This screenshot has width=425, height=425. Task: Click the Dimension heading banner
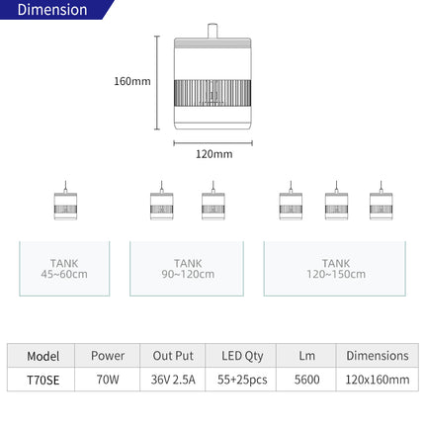52,11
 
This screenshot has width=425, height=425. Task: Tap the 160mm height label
131,81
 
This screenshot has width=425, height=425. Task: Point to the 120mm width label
212,153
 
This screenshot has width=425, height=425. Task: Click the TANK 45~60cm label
64,268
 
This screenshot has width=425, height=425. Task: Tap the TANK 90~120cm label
187,268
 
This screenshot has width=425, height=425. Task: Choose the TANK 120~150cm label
335,268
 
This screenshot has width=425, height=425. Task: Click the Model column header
43,355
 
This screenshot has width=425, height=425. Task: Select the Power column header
107,355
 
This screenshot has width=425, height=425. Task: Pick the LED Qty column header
241,355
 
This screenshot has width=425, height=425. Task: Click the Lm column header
306,355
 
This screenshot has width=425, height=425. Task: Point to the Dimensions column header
377,355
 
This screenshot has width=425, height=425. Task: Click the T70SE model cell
43,379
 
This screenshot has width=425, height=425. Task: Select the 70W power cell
107,379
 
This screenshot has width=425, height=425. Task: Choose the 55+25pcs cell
241,379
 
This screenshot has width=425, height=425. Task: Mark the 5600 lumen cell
306,379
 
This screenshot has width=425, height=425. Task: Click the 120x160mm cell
377,379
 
